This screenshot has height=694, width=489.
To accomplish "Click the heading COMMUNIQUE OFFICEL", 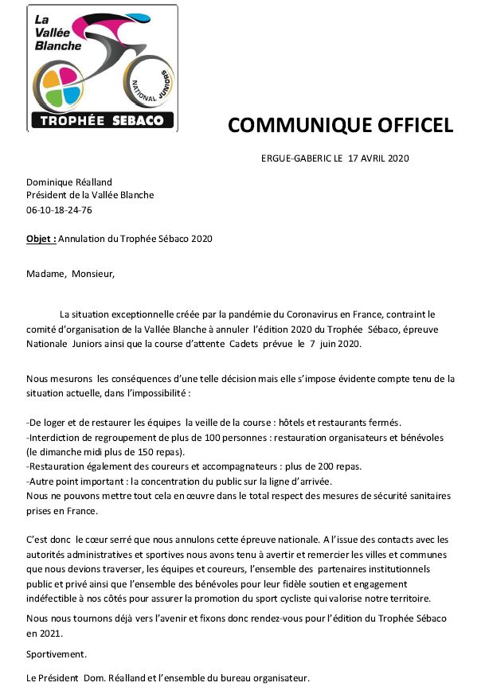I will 340,125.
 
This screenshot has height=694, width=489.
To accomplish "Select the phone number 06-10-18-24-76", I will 59,210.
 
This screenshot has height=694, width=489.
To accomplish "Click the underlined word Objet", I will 41,238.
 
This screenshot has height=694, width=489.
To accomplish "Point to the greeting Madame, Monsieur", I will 70,275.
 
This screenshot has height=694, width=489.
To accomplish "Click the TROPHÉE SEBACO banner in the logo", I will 102,120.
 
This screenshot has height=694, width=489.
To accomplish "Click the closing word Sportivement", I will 57,654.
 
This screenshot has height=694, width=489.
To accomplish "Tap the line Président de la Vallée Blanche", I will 90,196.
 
